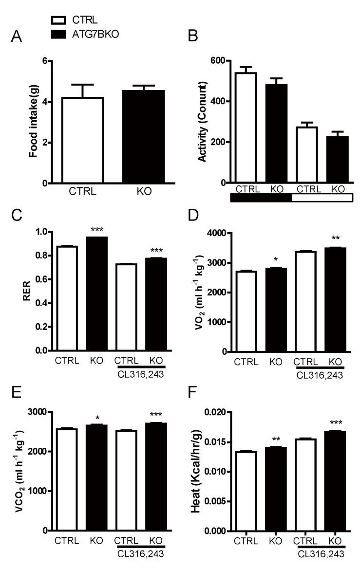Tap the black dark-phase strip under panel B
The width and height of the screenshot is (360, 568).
(261, 198)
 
